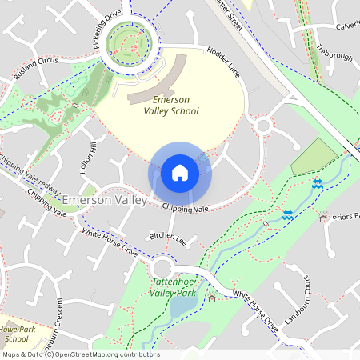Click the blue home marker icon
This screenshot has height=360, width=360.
[x=180, y=173]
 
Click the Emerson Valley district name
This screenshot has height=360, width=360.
[x=104, y=199]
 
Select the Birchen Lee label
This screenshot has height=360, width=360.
[x=168, y=238]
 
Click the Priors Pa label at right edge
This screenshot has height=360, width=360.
[x=345, y=217]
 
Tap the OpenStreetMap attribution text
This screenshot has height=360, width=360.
[x=80, y=354]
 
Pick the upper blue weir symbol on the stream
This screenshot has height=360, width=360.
[x=318, y=184]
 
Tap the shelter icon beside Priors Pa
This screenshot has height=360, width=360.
[x=323, y=217]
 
